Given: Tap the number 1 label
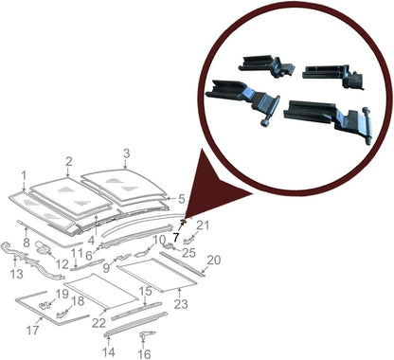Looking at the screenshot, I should pyautogui.click(x=24, y=176).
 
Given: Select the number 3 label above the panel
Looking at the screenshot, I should pyautogui.click(x=126, y=153).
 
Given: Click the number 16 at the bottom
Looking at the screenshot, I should pyautogui.click(x=145, y=353).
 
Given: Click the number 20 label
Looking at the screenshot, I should pyautogui.click(x=214, y=260).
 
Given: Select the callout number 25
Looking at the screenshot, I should pyautogui.click(x=188, y=253).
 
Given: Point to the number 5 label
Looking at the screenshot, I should pyautogui.click(x=182, y=199).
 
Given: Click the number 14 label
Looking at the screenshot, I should pyautogui.click(x=107, y=351).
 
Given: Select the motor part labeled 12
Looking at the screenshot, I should pyautogui.click(x=45, y=248).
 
